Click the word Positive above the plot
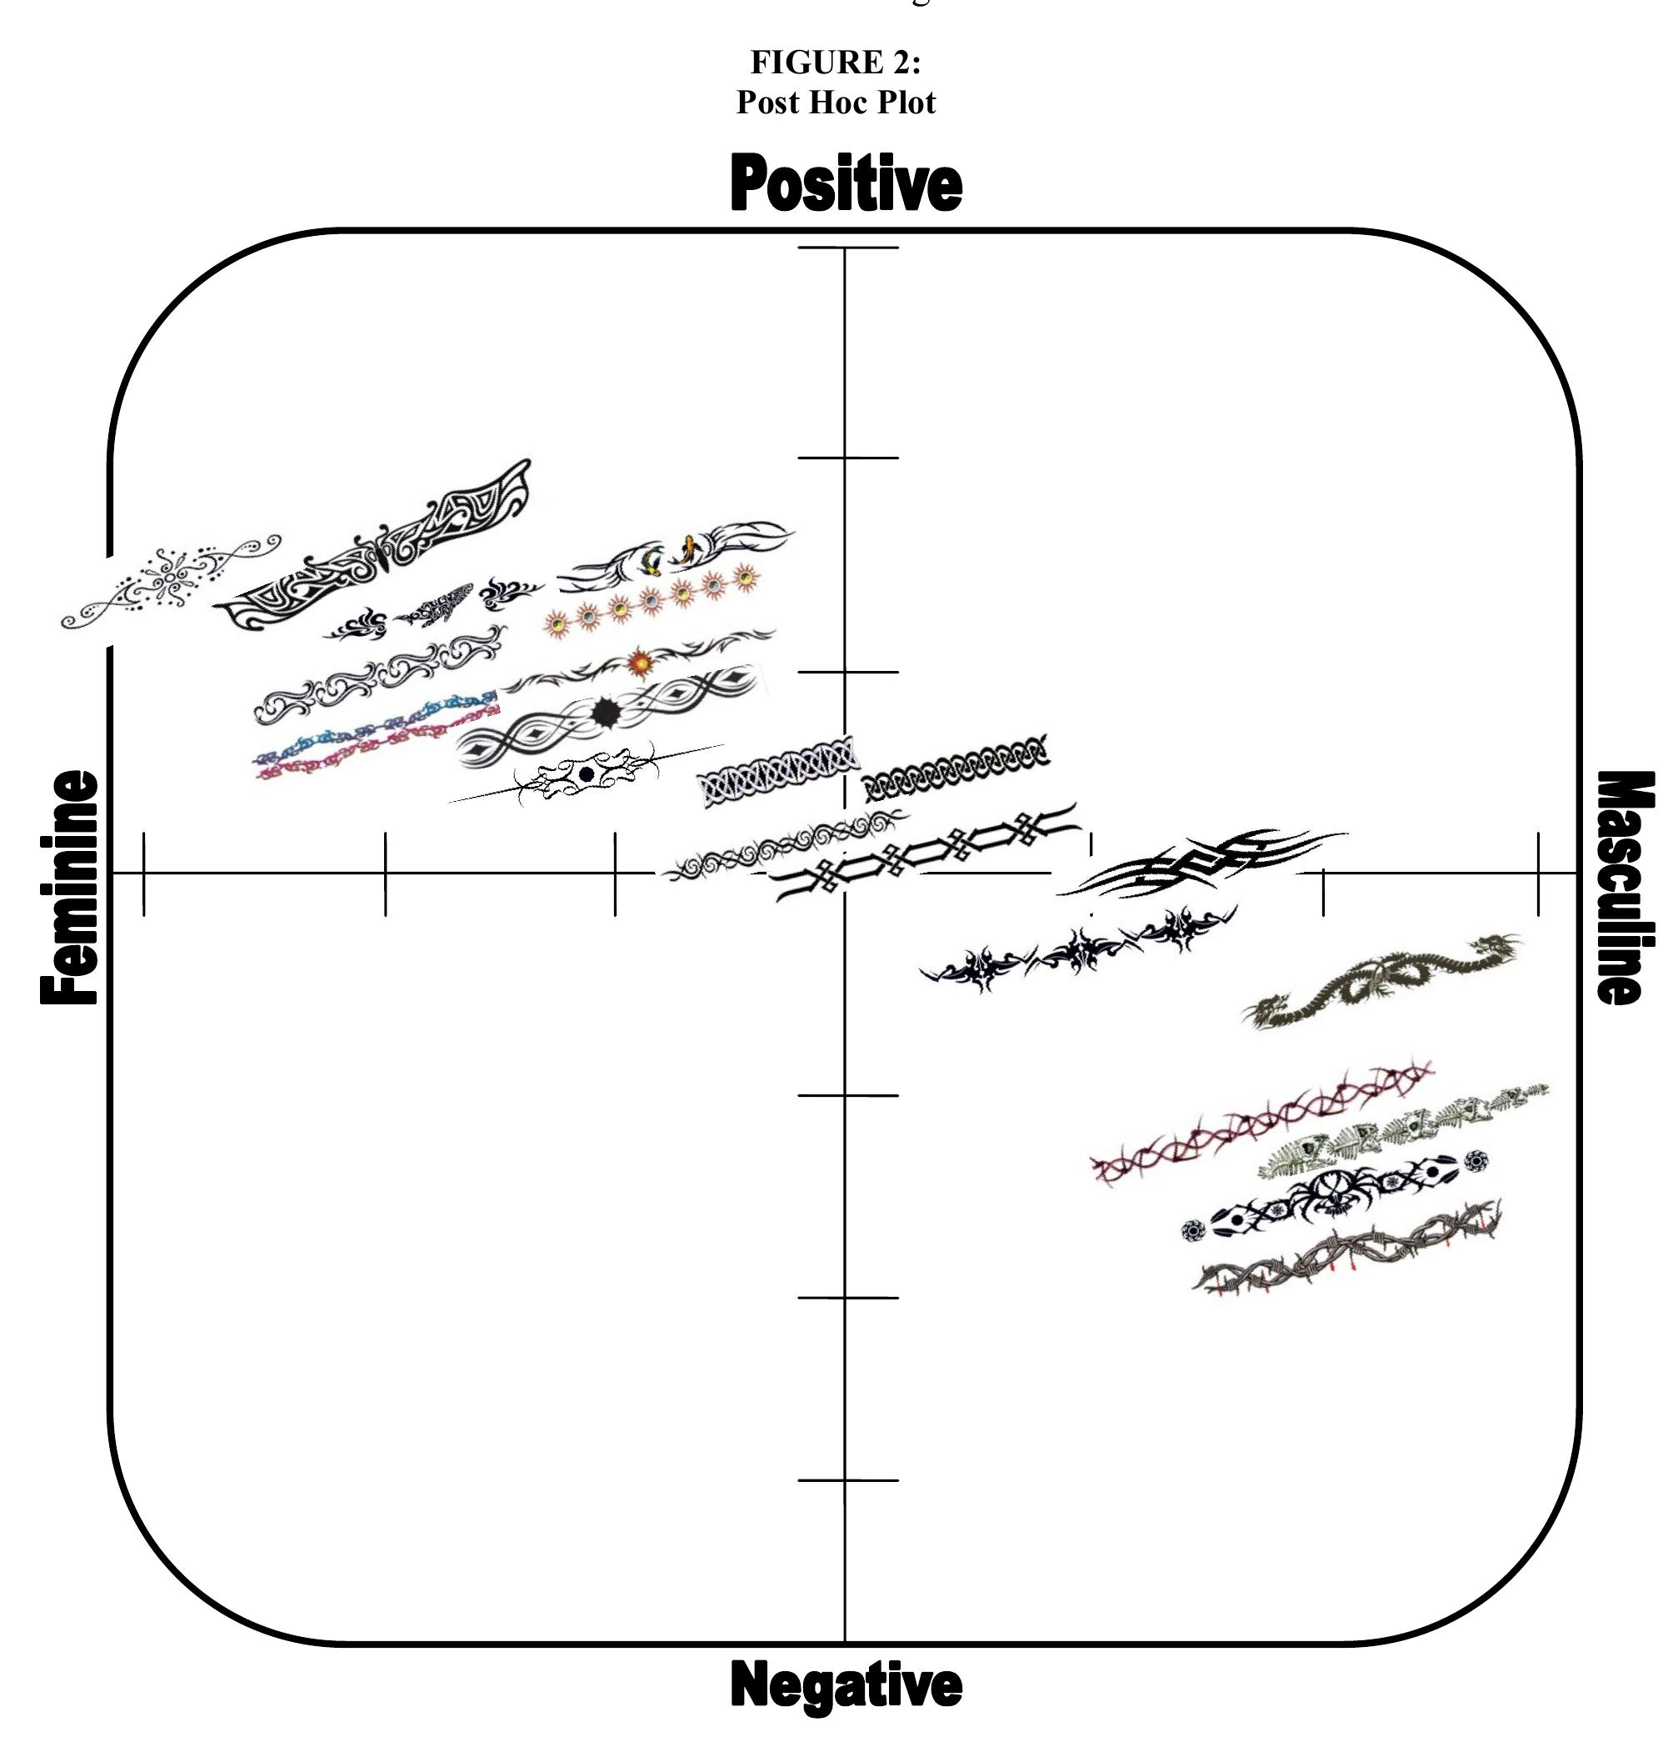tap(846, 183)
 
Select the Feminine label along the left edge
tap(68, 888)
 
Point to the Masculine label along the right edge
tap(1626, 888)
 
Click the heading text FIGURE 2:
tap(836, 62)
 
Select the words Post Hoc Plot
tap(836, 102)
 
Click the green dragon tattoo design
tap(1382, 980)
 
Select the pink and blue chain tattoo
tap(377, 736)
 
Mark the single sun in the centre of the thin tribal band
tap(640, 663)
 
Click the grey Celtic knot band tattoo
tap(778, 771)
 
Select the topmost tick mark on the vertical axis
tap(847, 248)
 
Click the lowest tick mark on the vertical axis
tap(847, 1480)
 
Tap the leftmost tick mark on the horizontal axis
tap(144, 873)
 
